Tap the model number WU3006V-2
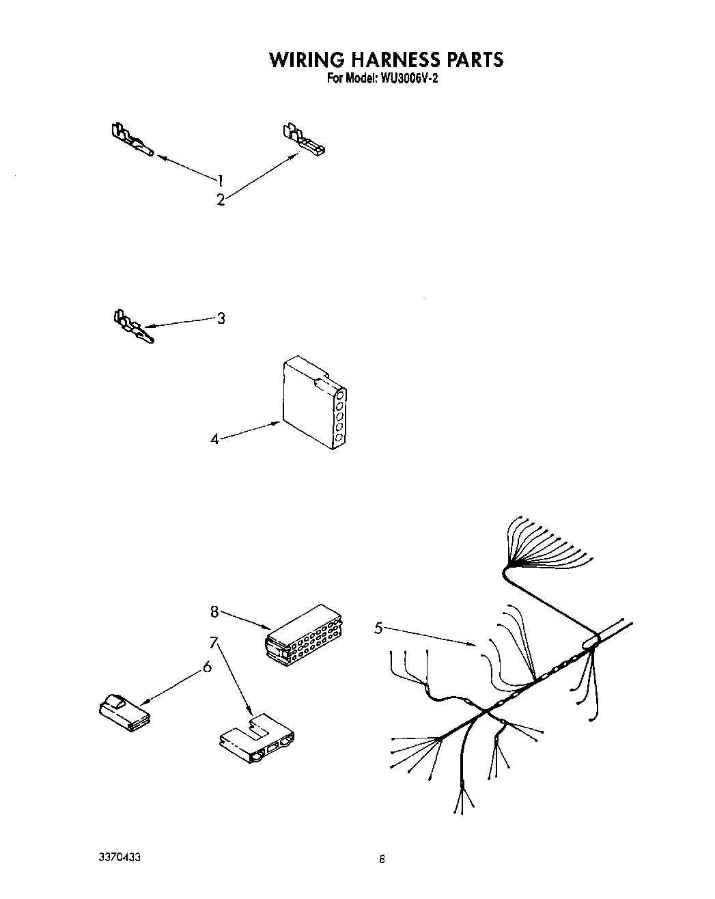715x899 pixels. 406,79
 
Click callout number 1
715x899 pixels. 220,180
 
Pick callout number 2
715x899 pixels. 220,200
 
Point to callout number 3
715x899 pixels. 221,318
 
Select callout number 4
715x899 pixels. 214,439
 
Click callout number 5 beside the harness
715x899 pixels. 378,628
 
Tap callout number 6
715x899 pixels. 207,667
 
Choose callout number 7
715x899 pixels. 214,642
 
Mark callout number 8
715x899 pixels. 214,611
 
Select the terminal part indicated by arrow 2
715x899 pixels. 303,138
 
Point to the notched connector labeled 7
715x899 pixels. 257,740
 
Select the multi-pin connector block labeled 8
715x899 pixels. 305,634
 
